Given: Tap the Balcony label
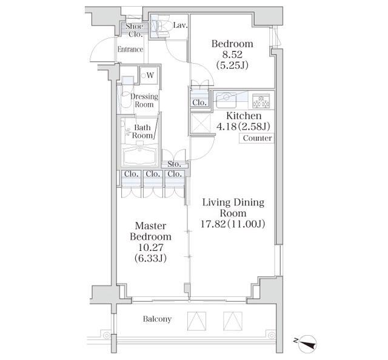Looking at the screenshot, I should pyautogui.click(x=157, y=319).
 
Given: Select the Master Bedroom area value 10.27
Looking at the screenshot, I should pyautogui.click(x=150, y=247).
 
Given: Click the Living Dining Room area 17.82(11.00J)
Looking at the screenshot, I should pyautogui.click(x=233, y=224).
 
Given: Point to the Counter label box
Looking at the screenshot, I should pyautogui.click(x=257, y=138).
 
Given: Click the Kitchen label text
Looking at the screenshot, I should pyautogui.click(x=244, y=116).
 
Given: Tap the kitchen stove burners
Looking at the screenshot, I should pyautogui.click(x=262, y=98).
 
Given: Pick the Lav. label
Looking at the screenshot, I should pyautogui.click(x=180, y=25).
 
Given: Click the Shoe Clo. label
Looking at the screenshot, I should pyautogui.click(x=134, y=30).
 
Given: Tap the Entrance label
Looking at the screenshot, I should pyautogui.click(x=130, y=50).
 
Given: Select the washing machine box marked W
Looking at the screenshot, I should pyautogui.click(x=147, y=76).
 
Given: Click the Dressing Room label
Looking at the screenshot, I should pyautogui.click(x=144, y=101).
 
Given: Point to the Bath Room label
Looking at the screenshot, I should pyautogui.click(x=143, y=132).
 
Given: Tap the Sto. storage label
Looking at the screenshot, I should pyautogui.click(x=175, y=164).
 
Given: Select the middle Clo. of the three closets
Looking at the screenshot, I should pyautogui.click(x=153, y=175).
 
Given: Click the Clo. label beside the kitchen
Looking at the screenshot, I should pyautogui.click(x=199, y=103).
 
